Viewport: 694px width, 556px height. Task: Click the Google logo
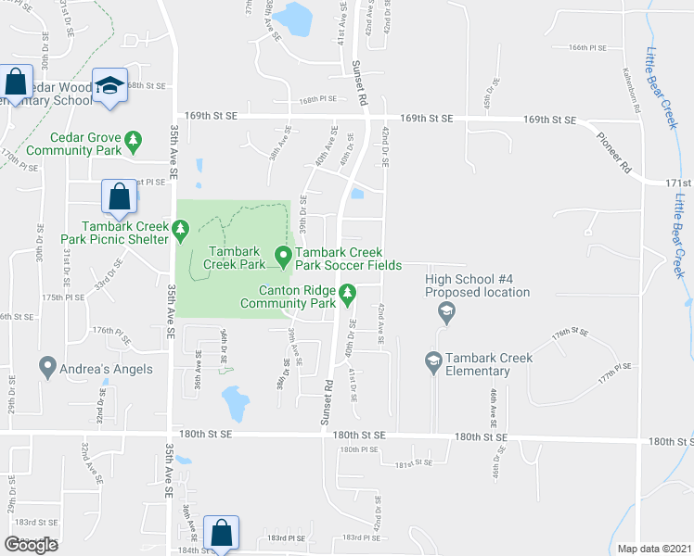point(32,545)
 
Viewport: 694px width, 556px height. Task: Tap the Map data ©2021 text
point(654,549)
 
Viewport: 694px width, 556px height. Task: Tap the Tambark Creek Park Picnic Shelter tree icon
point(180,226)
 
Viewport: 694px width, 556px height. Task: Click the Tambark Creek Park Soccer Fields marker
point(284,254)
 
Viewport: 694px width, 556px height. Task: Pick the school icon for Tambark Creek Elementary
point(432,360)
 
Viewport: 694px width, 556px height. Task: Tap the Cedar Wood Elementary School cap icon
point(110,85)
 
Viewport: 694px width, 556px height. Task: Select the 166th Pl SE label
point(587,47)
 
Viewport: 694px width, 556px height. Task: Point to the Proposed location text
point(478,293)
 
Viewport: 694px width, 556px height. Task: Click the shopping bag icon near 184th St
point(221,533)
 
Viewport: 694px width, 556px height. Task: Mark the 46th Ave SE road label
point(495,402)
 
